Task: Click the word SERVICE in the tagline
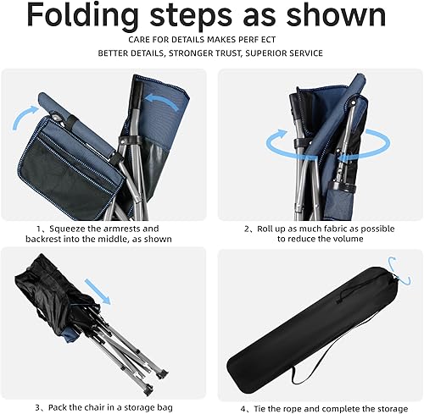pos(304,53)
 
